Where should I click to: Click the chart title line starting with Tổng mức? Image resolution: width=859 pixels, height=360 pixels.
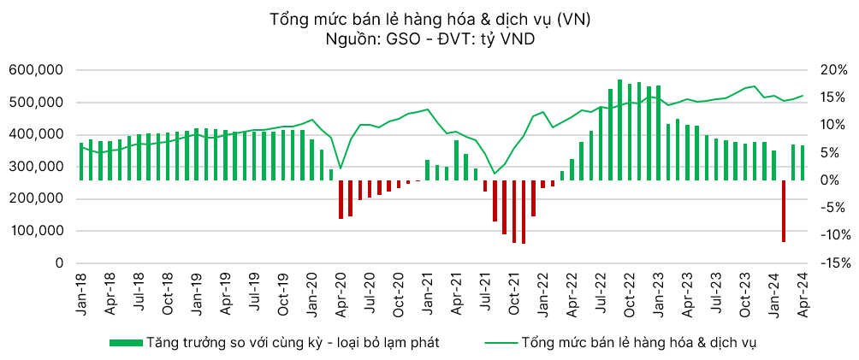[x=429, y=19]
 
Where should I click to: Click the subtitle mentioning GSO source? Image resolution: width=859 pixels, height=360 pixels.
[x=429, y=39]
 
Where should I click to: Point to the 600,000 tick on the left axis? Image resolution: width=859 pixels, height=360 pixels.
[x=36, y=70]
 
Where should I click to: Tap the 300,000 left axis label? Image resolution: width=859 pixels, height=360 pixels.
[x=36, y=167]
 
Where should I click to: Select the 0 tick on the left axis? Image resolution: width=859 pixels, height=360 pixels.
[x=59, y=263]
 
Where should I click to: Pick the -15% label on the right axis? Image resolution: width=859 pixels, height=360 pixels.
[x=833, y=263]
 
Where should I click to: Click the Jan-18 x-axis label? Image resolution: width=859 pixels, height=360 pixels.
[x=81, y=296]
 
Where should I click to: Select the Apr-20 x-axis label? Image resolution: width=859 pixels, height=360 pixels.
[x=341, y=296]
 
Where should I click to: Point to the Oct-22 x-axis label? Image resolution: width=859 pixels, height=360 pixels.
[x=629, y=296]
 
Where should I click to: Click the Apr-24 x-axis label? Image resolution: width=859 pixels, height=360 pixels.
[x=803, y=296]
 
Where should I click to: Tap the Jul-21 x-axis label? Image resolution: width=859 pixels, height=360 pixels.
[x=485, y=296]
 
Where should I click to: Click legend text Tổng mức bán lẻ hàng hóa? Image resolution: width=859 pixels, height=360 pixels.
[x=637, y=342]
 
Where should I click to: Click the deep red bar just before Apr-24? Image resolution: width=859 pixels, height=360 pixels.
[x=783, y=210]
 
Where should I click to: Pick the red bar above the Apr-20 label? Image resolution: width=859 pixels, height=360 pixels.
[x=341, y=199]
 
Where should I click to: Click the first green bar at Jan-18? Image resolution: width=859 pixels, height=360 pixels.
[x=81, y=162]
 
